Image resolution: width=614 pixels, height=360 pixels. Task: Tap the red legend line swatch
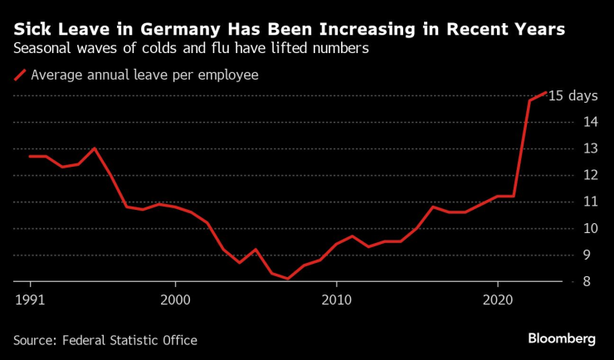[x=19, y=75]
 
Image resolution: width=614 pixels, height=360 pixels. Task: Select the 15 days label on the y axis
[x=573, y=95]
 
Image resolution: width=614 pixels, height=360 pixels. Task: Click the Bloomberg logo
[x=562, y=338]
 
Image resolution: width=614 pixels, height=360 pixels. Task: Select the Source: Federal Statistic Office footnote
[x=105, y=339]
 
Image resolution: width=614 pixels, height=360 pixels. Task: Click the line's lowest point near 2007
[x=288, y=279]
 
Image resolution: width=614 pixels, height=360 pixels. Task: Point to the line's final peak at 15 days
[x=545, y=92]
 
